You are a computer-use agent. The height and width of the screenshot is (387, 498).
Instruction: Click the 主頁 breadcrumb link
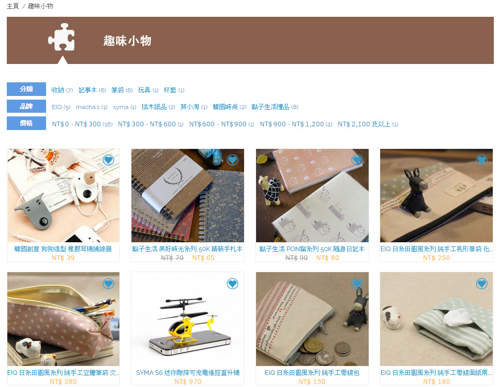point(13,6)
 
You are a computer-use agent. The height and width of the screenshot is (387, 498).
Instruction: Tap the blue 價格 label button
point(26,123)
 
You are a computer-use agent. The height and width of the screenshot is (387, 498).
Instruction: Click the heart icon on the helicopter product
point(233,283)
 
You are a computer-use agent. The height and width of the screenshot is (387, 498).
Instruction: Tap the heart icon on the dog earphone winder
point(108,159)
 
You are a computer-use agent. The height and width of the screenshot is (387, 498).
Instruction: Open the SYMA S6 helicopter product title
point(187,373)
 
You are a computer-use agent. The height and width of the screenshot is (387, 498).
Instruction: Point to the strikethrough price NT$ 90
point(296,258)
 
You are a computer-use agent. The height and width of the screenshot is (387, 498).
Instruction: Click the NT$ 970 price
point(187,382)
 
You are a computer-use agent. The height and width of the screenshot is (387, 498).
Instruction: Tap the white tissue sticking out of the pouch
point(457,317)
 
